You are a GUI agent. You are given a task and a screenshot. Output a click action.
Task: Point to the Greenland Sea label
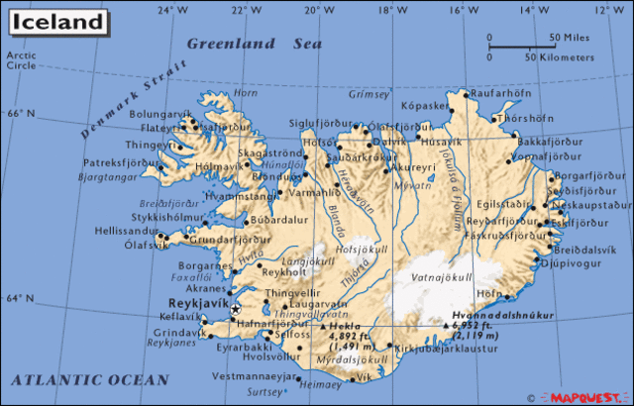pos(255,45)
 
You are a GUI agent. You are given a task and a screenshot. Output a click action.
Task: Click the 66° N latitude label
pos(20,113)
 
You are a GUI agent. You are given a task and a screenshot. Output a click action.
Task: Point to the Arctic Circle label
pos(21,60)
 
